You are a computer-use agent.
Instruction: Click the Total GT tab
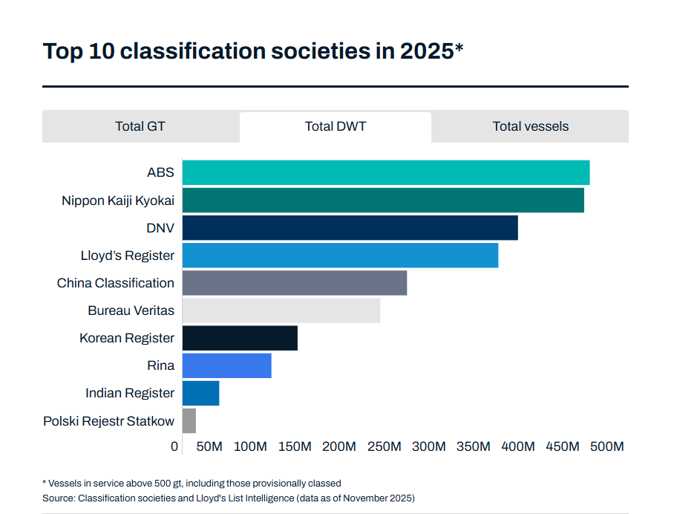tap(140, 126)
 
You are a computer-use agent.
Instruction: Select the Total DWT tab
tap(336, 126)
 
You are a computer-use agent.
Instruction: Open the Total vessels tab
tap(530, 126)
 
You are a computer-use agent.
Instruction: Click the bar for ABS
tap(385, 173)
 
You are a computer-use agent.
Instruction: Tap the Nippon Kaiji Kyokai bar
tap(382, 201)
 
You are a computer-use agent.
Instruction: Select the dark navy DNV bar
tap(350, 228)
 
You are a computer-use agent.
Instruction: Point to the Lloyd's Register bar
tap(340, 256)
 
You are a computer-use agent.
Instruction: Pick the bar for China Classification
tap(294, 283)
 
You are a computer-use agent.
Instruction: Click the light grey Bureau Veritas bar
tap(281, 310)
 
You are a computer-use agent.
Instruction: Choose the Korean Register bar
tap(240, 338)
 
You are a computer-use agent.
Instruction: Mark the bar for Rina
tap(226, 365)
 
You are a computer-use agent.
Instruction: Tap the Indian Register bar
tap(200, 393)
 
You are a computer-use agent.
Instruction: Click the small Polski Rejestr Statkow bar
tap(189, 420)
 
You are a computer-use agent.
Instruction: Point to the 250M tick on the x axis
tap(385, 446)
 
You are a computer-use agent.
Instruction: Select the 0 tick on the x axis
tap(174, 446)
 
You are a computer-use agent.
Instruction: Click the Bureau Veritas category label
tap(131, 310)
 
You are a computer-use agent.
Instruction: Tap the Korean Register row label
tap(127, 338)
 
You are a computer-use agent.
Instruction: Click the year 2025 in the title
tap(426, 52)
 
